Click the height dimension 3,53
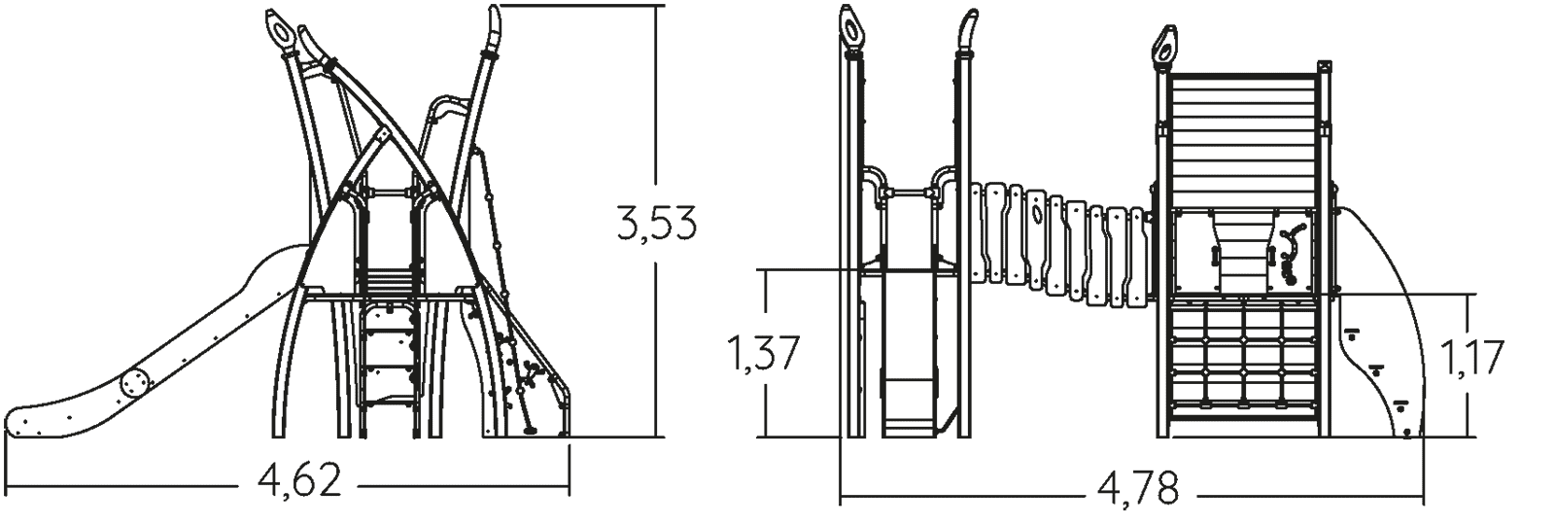pyautogui.click(x=656, y=224)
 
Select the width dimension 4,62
pyautogui.click(x=300, y=479)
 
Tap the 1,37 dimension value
pyautogui.click(x=763, y=353)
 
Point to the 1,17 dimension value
pyautogui.click(x=1471, y=358)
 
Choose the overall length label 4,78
pyautogui.click(x=1138, y=488)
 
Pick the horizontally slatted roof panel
pyautogui.click(x=1243, y=139)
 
